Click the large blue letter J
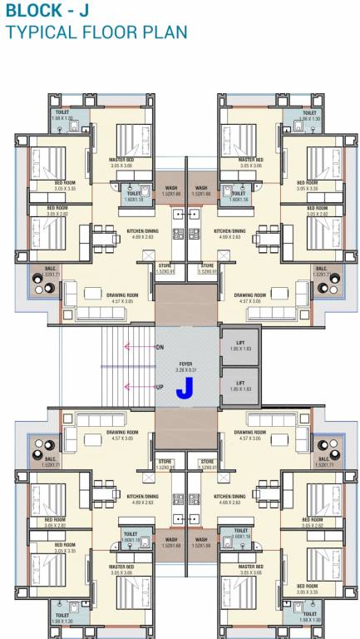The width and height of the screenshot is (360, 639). [x=185, y=387]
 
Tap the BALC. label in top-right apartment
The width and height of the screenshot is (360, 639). [x=320, y=268]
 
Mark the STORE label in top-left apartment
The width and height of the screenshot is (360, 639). [x=165, y=265]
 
